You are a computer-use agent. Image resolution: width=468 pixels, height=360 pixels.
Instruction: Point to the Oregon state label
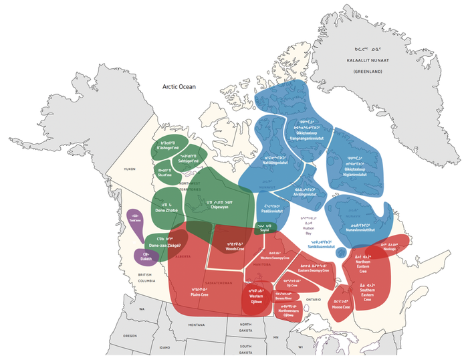(x=130, y=336)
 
